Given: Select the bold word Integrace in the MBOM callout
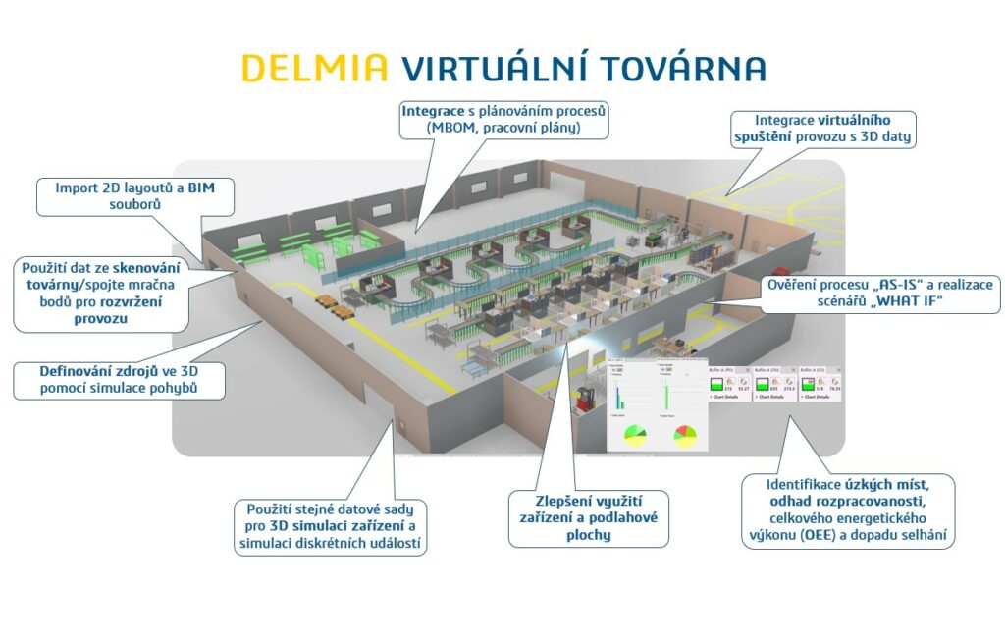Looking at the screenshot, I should click(x=436, y=111).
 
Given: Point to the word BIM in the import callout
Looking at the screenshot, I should click(x=201, y=187).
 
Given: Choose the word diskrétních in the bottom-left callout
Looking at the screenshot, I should click(x=332, y=544).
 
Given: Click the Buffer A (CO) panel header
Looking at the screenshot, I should click(x=817, y=370).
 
